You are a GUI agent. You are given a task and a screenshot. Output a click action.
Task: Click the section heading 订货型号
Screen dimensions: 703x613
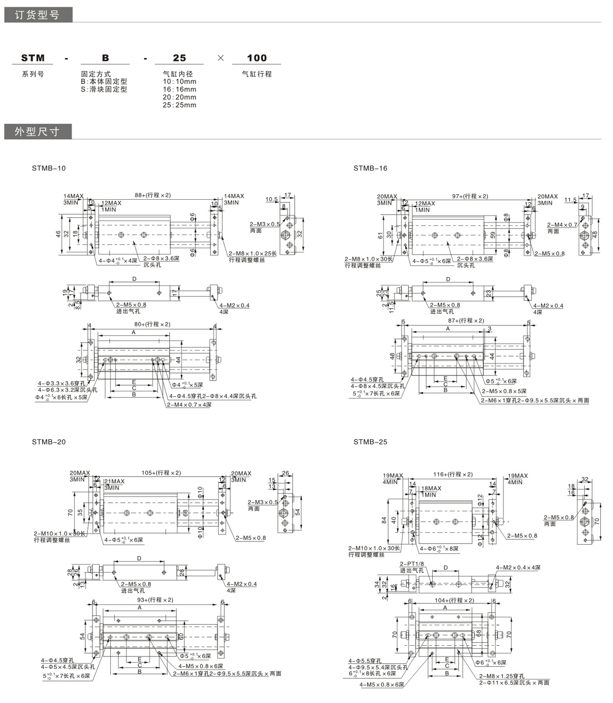[x=37, y=15]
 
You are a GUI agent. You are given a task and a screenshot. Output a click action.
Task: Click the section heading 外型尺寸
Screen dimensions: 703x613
[x=37, y=132]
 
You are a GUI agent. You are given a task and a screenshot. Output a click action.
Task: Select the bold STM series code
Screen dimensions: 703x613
[x=33, y=58]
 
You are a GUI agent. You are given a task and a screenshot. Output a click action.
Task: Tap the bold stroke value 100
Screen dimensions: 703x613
[x=256, y=58]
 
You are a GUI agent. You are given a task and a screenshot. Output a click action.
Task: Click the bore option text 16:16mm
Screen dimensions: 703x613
[x=179, y=89]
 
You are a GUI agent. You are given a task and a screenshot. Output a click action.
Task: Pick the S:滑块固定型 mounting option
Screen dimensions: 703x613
[x=104, y=89]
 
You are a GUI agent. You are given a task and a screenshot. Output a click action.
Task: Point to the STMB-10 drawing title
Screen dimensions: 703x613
[x=49, y=168]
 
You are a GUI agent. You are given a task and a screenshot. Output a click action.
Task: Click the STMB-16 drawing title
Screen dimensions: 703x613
[x=370, y=168]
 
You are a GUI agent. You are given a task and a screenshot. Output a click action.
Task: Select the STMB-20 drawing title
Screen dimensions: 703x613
[x=49, y=442]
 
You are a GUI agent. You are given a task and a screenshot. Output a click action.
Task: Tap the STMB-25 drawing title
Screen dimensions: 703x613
[x=370, y=442]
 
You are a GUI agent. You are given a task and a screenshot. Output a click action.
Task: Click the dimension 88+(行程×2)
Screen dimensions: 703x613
[x=153, y=195]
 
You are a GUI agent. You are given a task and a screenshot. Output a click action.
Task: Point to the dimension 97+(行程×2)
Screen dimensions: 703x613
[x=470, y=196]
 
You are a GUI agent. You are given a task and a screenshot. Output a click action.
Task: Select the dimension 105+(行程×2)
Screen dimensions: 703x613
[x=161, y=473]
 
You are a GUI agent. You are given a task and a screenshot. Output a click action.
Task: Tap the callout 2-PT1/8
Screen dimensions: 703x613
[x=412, y=563]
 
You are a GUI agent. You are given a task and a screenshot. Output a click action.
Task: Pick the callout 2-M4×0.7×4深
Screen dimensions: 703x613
[x=188, y=405]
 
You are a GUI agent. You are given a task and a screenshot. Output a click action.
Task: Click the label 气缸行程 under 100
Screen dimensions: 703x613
[x=256, y=74]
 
